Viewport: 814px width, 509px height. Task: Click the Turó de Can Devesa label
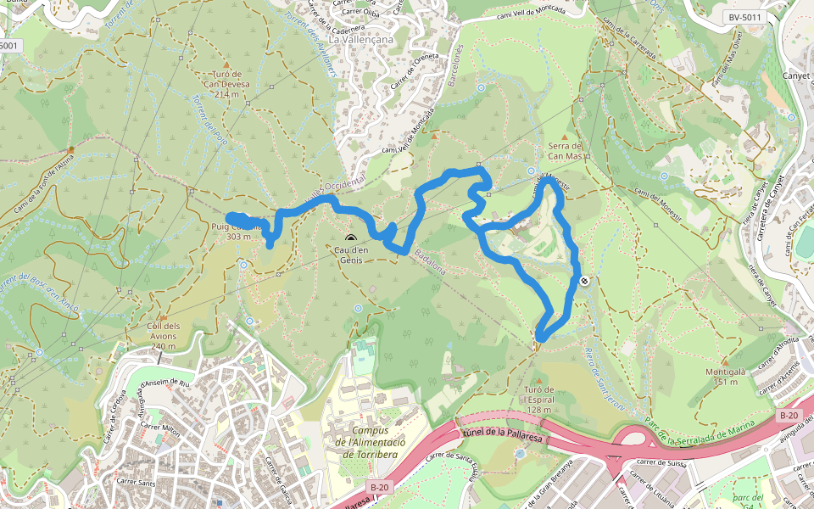(223, 84)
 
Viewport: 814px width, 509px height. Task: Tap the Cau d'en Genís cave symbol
(351, 238)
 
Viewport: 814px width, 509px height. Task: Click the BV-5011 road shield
(745, 17)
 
